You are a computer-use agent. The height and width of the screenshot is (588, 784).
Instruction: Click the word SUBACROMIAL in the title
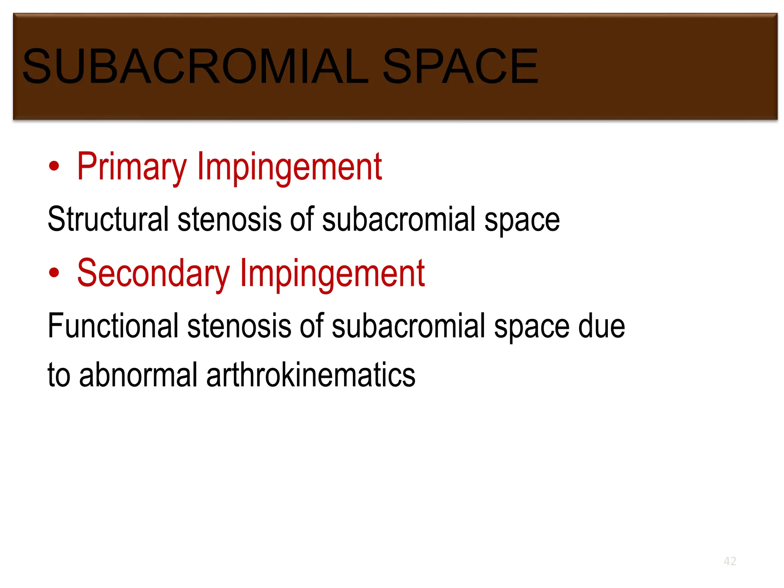click(x=195, y=66)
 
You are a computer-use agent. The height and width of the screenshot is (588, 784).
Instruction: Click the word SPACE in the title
click(x=460, y=66)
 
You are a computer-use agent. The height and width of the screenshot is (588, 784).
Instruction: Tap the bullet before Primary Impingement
click(x=54, y=166)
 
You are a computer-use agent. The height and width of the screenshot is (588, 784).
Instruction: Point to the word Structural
click(x=108, y=219)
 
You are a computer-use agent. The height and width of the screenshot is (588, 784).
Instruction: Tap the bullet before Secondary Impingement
click(x=54, y=273)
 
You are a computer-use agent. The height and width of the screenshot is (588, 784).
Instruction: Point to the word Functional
click(x=113, y=326)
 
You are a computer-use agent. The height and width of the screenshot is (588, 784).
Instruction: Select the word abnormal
click(x=138, y=375)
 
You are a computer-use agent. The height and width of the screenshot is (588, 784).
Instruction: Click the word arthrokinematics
click(x=310, y=375)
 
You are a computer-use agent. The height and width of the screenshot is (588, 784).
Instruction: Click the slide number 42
click(x=730, y=561)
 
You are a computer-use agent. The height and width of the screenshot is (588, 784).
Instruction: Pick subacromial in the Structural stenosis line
click(x=399, y=219)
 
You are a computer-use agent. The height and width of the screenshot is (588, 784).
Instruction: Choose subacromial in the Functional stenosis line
click(x=408, y=326)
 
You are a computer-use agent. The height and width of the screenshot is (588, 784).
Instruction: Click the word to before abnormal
click(x=59, y=375)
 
